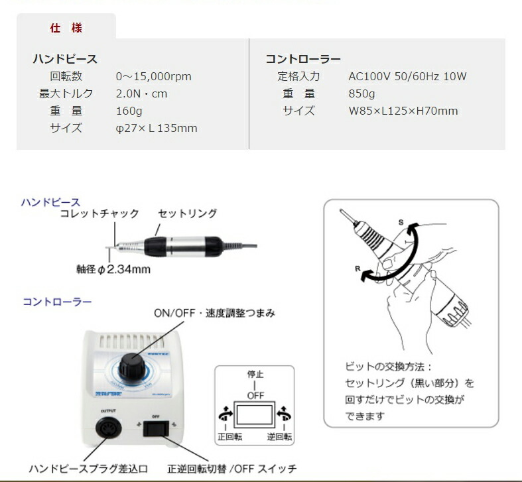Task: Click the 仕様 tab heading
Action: (x=66, y=29)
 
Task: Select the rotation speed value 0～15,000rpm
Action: (x=153, y=76)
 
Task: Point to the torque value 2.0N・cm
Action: (x=141, y=93)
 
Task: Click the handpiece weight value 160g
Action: (x=129, y=111)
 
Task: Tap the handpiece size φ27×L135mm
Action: (x=157, y=128)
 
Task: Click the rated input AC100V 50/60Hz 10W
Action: (x=407, y=76)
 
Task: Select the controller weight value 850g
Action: (x=361, y=93)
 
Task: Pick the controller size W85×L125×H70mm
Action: (x=403, y=111)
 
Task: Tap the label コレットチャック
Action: (x=99, y=213)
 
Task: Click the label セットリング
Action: (x=188, y=213)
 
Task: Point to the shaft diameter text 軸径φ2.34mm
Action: (x=113, y=269)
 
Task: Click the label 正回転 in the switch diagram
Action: (x=229, y=438)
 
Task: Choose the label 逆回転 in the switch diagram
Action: (x=279, y=438)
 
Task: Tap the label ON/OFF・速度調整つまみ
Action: (x=214, y=312)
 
